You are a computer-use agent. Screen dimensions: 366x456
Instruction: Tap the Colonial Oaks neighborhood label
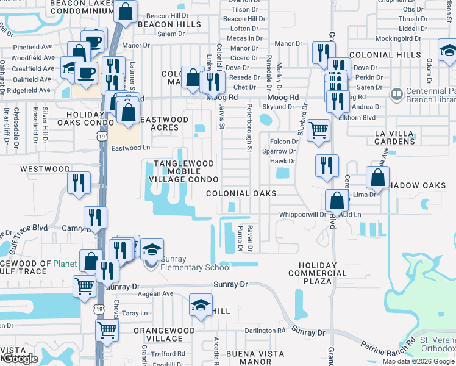pyautogui.click(x=241, y=193)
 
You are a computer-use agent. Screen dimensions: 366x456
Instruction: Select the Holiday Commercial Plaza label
pyautogui.click(x=317, y=273)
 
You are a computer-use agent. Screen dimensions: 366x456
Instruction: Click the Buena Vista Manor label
pyautogui.click(x=255, y=357)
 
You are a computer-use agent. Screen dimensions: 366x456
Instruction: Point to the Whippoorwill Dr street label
pyautogui.click(x=303, y=215)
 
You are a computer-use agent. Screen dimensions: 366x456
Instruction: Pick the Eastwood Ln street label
pyautogui.click(x=130, y=148)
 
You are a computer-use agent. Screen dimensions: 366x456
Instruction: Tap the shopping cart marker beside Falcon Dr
pyautogui.click(x=318, y=130)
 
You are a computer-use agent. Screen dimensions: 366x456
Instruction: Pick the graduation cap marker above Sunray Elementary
pyautogui.click(x=152, y=249)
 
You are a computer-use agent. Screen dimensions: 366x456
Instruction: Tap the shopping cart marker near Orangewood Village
pyautogui.click(x=107, y=330)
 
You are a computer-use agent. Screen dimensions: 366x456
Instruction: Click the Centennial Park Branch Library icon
pyautogui.click(x=396, y=95)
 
